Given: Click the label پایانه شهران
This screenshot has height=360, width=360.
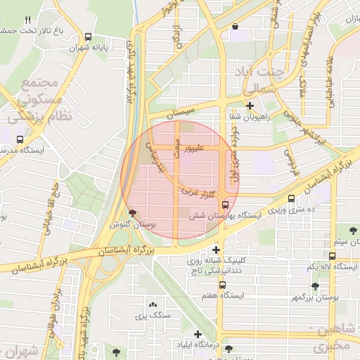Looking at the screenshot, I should [87, 49].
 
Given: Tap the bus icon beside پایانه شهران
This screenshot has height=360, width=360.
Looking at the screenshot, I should [88, 37].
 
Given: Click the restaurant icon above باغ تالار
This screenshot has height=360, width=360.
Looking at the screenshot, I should [28, 20].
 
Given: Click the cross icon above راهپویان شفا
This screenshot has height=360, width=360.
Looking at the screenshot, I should [250, 105].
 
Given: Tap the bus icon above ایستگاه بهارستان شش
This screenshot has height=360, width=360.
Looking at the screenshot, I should [225, 204].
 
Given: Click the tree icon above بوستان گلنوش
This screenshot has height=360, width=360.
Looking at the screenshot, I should [133, 213].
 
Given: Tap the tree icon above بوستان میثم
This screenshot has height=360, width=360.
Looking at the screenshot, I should [352, 229].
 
